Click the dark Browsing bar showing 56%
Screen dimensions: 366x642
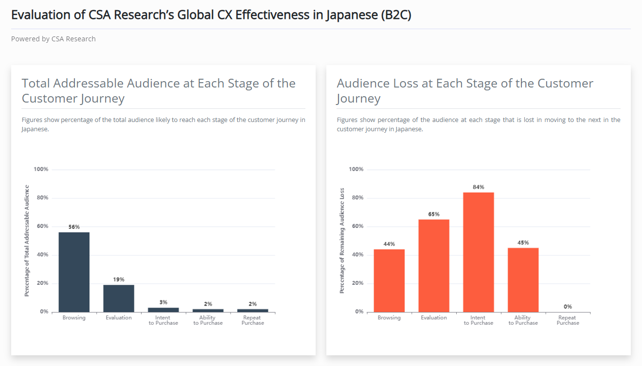pos(74,272)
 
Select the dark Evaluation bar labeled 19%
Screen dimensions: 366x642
pos(119,298)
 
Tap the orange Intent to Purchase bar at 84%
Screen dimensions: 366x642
pos(479,252)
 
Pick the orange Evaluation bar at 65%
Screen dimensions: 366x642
pos(434,265)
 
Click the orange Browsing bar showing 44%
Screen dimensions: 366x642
pos(389,280)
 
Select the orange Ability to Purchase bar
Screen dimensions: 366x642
pos(523,280)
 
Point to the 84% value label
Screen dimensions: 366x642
pos(479,187)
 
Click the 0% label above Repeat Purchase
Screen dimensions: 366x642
pos(568,307)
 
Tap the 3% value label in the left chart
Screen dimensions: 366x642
pos(163,302)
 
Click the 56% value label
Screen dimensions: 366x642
pos(74,227)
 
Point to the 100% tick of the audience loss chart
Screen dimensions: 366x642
pos(356,169)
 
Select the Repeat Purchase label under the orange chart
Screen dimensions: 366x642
pos(568,320)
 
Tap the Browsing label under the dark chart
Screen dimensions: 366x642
pos(74,318)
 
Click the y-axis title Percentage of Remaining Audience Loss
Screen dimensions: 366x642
pos(342,241)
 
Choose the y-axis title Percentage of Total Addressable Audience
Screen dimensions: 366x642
pos(27,241)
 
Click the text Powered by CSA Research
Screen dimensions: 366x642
pos(53,39)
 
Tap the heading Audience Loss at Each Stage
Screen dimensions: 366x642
pos(464,91)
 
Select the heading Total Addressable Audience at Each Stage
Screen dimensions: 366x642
pos(159,91)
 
